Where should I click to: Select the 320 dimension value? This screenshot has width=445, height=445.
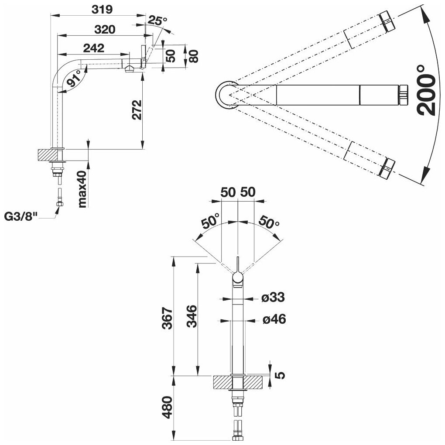tap(105, 30)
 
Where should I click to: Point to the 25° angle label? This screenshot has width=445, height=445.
tap(157, 21)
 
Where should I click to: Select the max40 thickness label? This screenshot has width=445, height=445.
tap(83, 189)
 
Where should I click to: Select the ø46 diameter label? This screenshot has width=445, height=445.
tap(274, 320)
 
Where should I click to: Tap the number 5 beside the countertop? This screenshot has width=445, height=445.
tap(281, 375)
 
